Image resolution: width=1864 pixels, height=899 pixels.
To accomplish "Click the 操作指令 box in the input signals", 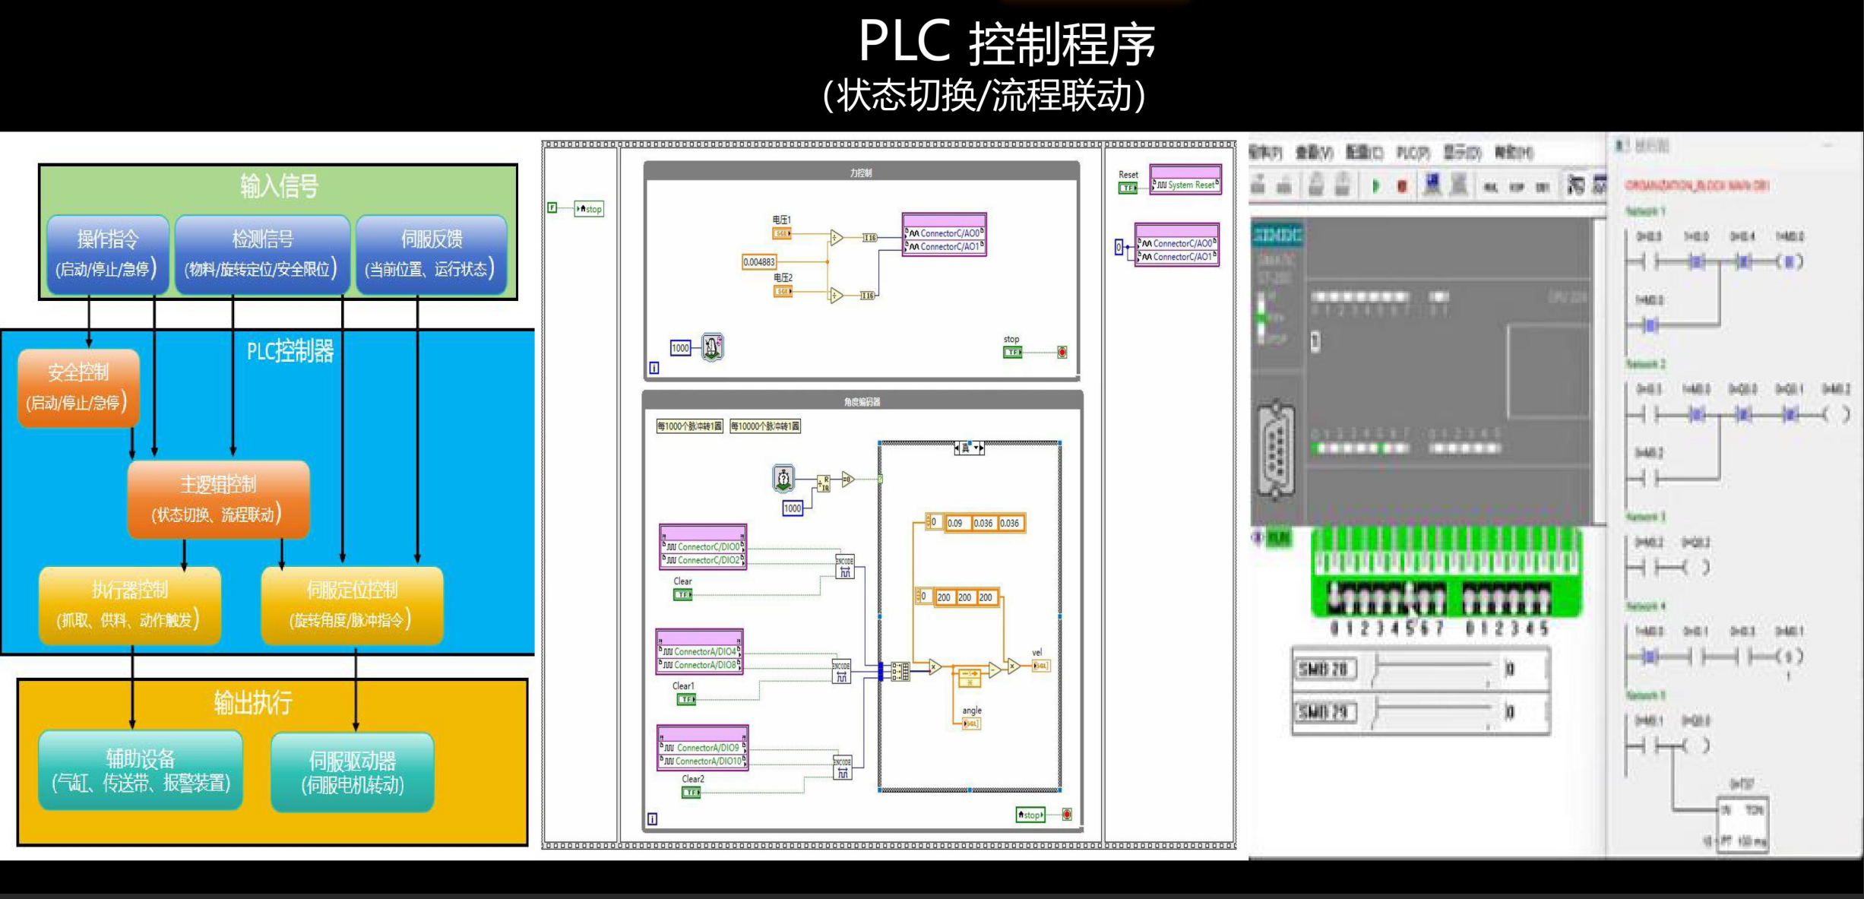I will [x=108, y=254].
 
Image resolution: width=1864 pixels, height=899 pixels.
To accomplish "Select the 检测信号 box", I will [x=262, y=254].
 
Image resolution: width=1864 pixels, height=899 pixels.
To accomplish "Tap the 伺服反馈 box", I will [x=431, y=254].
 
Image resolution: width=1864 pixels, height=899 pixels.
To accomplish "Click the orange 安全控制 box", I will [x=78, y=388].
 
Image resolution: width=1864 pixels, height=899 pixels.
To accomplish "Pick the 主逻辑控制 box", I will [x=218, y=499].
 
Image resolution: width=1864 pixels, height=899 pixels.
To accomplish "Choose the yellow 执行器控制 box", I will [x=130, y=605].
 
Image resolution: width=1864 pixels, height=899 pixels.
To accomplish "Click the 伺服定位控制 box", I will [x=352, y=605].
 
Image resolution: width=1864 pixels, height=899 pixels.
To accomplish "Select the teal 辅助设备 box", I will [x=141, y=770].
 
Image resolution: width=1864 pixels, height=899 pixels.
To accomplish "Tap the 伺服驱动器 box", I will [x=353, y=772].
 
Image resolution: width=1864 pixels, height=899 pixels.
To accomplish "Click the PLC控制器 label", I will [x=290, y=351].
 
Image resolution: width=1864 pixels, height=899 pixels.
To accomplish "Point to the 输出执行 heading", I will [x=253, y=702].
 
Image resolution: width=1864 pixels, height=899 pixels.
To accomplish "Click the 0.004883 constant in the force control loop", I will [x=758, y=262].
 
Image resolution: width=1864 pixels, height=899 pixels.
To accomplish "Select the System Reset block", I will [x=1185, y=185].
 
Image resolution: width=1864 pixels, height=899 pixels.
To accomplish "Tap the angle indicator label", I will [x=972, y=711].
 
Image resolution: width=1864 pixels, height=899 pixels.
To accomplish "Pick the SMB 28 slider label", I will [x=1323, y=670].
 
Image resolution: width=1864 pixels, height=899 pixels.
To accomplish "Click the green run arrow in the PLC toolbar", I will [x=1375, y=186].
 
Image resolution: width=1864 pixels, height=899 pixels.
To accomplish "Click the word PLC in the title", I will [x=904, y=41].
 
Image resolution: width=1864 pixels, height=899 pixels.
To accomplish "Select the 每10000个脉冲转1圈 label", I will [x=765, y=426].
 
